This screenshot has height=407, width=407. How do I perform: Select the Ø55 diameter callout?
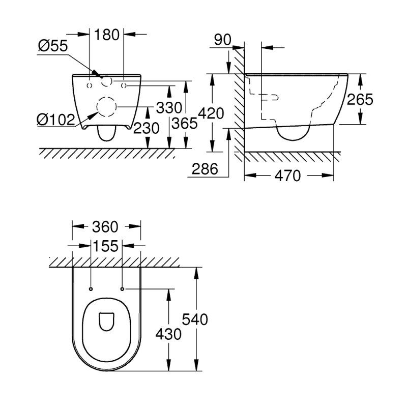pyautogui.click(x=53, y=46)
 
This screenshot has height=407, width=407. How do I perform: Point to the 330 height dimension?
pyautogui.click(x=168, y=108)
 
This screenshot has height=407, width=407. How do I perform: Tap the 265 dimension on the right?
pyautogui.click(x=360, y=99)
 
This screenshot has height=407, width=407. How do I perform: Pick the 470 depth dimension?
pyautogui.click(x=288, y=176)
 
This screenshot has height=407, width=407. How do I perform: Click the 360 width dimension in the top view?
pyautogui.click(x=106, y=226)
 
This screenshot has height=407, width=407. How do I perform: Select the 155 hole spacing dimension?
pyautogui.click(x=106, y=246)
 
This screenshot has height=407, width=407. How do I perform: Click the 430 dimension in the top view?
pyautogui.click(x=168, y=334)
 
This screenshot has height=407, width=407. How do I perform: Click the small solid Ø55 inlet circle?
pyautogui.click(x=107, y=81)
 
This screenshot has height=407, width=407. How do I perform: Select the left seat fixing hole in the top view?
pyautogui.click(x=90, y=289)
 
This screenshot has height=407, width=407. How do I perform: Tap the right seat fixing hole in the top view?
pyautogui.click(x=123, y=289)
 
